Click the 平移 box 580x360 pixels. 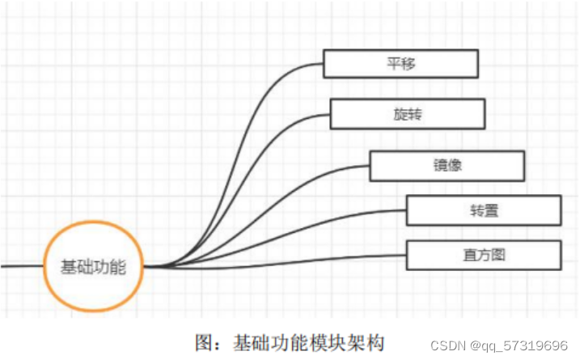pyautogui.click(x=400, y=63)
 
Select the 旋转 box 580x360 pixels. pyautogui.click(x=408, y=113)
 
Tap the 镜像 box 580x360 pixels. pyautogui.click(x=447, y=165)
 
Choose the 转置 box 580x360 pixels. pyautogui.click(x=484, y=210)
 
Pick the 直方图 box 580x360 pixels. pyautogui.click(x=484, y=255)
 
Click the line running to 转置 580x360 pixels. pyautogui.click(x=324, y=222)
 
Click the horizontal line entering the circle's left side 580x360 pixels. pyautogui.click(x=21, y=265)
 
